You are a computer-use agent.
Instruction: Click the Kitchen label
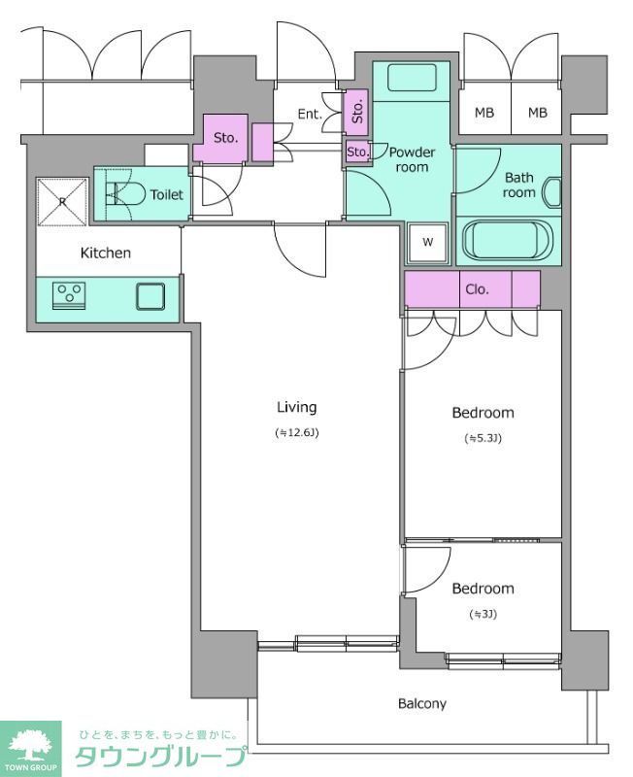pos(106,253)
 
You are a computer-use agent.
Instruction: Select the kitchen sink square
pos(150,296)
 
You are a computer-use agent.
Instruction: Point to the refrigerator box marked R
pos(62,202)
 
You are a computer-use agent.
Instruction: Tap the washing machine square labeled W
pos(428,242)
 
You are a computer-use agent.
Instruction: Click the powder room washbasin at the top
pos(411,79)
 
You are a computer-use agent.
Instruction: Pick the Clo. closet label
pos(477,289)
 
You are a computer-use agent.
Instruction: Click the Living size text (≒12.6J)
pos(297,432)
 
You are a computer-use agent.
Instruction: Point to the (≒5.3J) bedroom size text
pos(483,438)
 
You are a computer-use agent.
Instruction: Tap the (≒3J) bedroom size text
pos(483,615)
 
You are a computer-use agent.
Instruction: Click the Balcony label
pos(422,703)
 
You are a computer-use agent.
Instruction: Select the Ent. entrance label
pos(310,114)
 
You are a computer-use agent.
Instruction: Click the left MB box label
pos(483,113)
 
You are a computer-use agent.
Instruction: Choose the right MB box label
pos(538,113)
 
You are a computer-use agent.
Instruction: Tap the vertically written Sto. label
pos(357,112)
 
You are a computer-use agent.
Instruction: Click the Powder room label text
pos(412,159)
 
